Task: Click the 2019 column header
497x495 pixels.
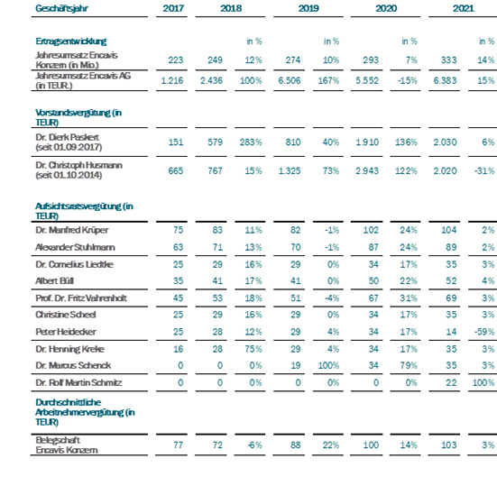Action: (308, 8)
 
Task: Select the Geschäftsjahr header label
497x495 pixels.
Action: (61, 8)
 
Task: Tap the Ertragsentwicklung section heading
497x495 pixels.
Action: (71, 41)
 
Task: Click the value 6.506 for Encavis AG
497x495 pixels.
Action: (289, 80)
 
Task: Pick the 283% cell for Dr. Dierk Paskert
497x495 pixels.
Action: (251, 142)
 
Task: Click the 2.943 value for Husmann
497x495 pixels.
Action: (367, 170)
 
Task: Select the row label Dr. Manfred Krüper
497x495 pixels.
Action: (72, 230)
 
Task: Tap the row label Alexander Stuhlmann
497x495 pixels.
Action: (75, 247)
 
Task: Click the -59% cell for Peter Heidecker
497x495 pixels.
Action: (484, 332)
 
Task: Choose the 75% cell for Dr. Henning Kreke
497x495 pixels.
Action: (253, 349)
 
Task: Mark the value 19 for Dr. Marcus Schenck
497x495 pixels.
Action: (296, 365)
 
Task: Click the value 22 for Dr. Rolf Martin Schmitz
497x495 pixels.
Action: (451, 382)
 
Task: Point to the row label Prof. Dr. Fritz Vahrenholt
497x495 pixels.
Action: (81, 298)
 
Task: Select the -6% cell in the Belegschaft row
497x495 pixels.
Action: (255, 445)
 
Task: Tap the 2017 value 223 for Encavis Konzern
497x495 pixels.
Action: (176, 60)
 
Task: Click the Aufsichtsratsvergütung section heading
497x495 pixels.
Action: (84, 211)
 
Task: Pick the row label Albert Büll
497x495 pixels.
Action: (54, 281)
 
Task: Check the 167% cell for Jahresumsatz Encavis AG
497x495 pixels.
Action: (328, 80)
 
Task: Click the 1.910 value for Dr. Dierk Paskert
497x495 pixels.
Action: (367, 142)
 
